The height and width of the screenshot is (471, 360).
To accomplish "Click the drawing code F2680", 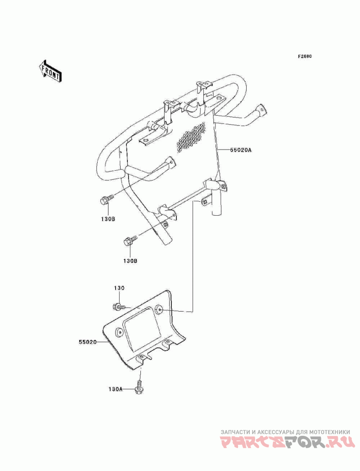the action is point(305,56).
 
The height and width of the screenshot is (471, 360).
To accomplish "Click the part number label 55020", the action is point(88,342).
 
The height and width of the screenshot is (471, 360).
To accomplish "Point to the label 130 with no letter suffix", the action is point(119,288).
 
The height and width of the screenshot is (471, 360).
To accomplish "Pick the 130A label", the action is point(116,389).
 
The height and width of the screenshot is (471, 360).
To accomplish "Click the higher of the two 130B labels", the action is point(108,219).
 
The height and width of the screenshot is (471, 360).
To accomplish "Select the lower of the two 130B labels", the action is point(130,261).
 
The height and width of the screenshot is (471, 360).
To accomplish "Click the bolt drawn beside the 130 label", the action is point(119,307).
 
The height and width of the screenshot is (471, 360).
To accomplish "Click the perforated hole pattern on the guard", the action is point(191,137).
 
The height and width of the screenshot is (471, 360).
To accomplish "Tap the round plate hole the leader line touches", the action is point(159,309).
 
